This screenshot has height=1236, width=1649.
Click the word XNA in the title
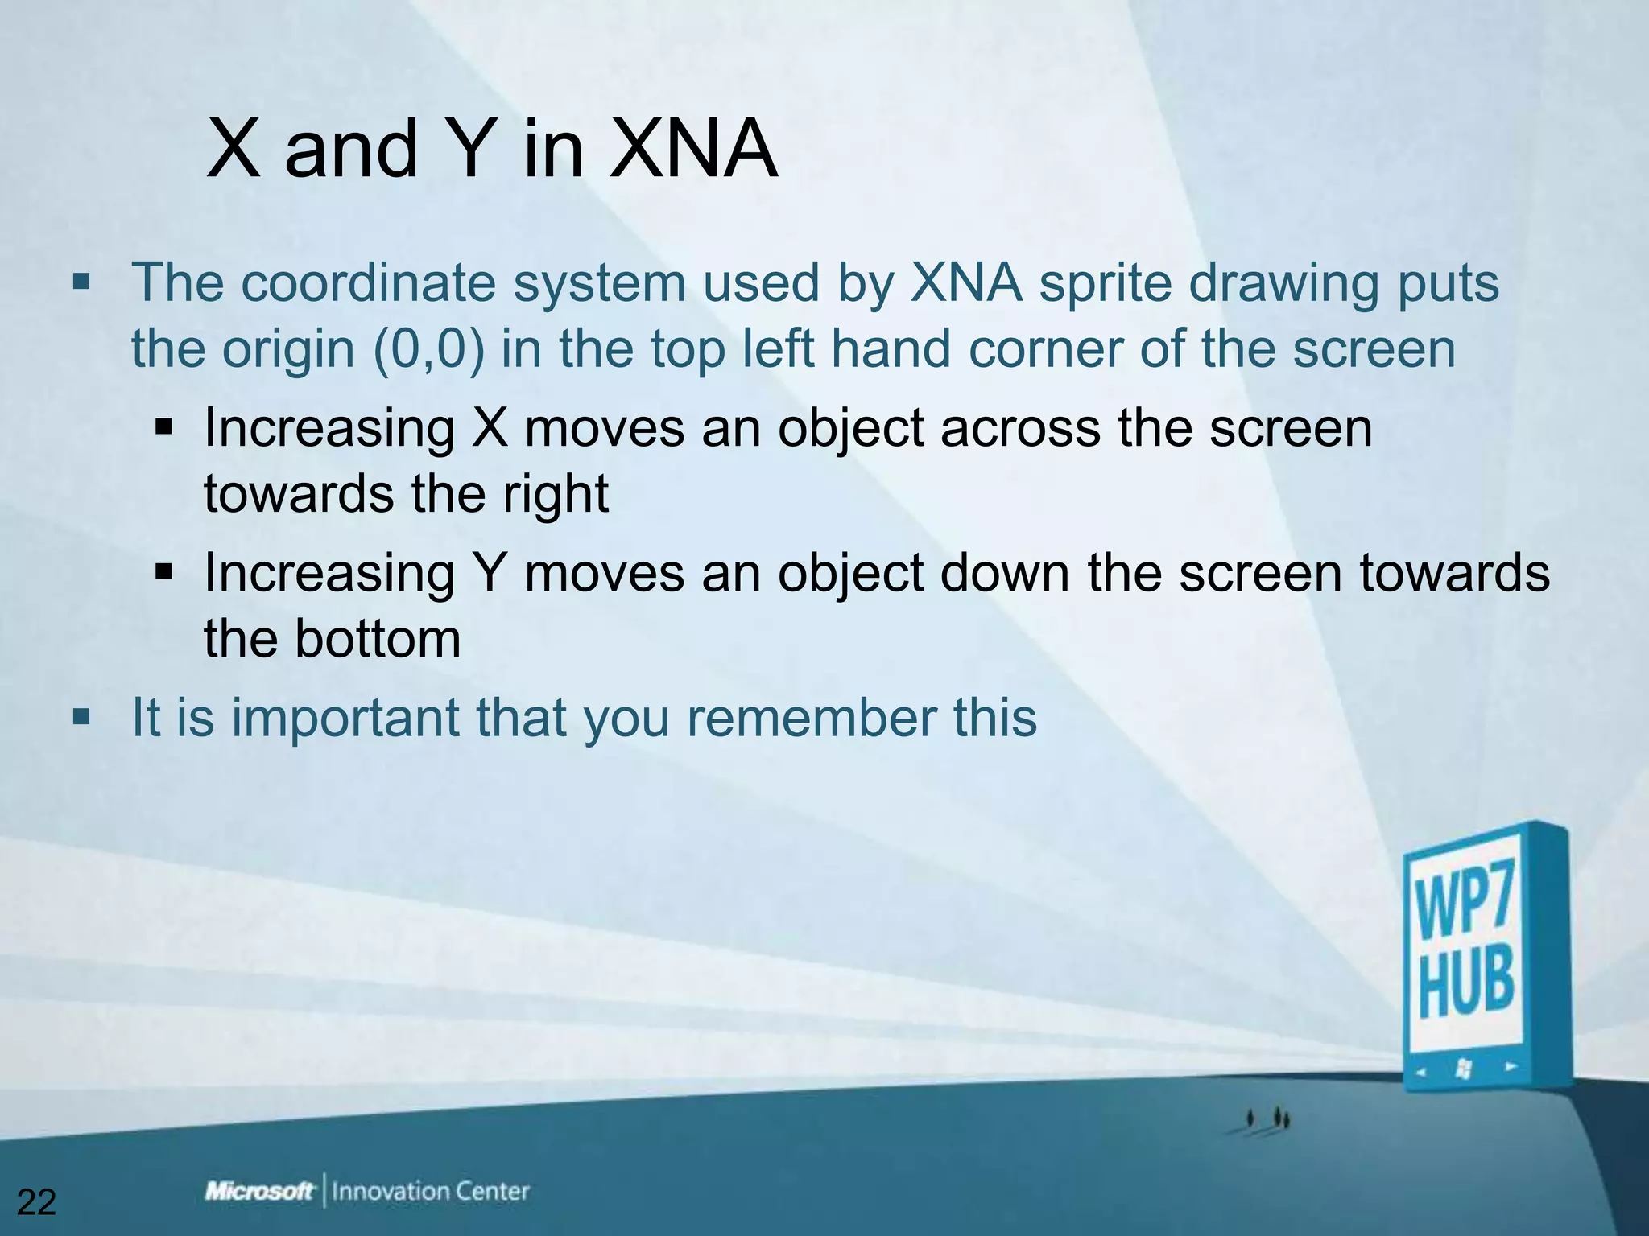[692, 149]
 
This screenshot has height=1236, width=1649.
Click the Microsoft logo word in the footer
[259, 1191]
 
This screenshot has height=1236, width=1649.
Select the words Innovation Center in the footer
[431, 1191]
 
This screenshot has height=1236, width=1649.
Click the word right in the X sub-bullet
[556, 493]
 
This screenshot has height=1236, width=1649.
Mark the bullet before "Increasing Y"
[164, 573]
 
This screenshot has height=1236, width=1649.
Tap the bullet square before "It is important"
[81, 716]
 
